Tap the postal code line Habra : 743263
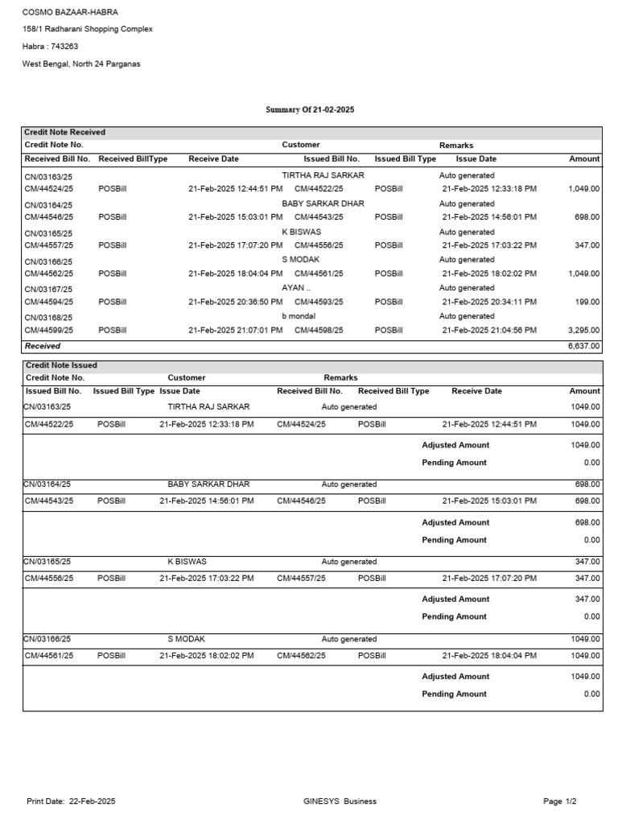[x=50, y=47]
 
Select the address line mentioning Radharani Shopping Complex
[x=87, y=29]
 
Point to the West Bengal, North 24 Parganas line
[x=80, y=64]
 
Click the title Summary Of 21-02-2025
[x=310, y=109]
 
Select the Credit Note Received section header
[x=65, y=132]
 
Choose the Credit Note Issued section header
[x=61, y=365]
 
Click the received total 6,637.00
[x=583, y=346]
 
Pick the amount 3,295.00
[x=583, y=330]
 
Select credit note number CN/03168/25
[x=49, y=317]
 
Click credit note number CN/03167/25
[x=49, y=289]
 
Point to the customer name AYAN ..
[x=296, y=288]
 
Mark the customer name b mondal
[x=299, y=316]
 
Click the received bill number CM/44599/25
[x=50, y=330]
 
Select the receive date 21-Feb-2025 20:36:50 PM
[x=235, y=302]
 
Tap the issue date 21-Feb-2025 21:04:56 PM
[x=489, y=330]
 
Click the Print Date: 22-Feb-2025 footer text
[x=71, y=801]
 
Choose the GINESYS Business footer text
[x=340, y=801]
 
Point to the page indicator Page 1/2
[x=560, y=801]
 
